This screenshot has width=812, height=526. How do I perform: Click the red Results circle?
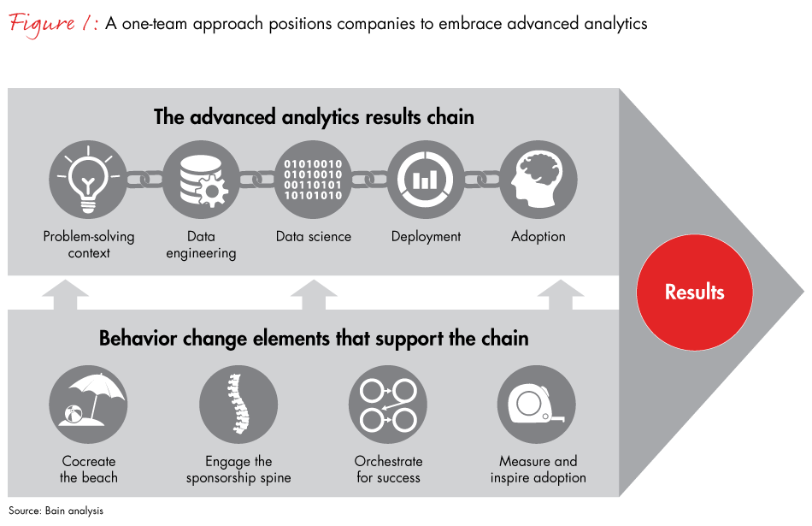coord(694,292)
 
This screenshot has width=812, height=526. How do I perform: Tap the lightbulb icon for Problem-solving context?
coord(89,180)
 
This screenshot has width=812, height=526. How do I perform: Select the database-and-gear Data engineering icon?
coord(201,180)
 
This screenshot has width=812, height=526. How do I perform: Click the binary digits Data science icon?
coord(314,180)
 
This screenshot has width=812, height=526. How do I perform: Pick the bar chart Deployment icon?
coord(426,180)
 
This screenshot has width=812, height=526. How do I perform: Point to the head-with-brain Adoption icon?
coord(538,180)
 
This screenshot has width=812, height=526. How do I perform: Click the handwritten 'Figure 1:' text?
coord(53,23)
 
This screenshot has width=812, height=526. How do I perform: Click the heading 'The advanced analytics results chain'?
coord(314,117)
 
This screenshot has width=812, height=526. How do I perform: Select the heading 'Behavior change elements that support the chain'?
coord(314,339)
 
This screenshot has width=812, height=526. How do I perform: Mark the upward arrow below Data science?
coord(314,293)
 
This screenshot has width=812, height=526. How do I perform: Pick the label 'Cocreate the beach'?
coord(89,470)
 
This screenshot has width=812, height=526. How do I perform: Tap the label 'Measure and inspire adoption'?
coord(538,470)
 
